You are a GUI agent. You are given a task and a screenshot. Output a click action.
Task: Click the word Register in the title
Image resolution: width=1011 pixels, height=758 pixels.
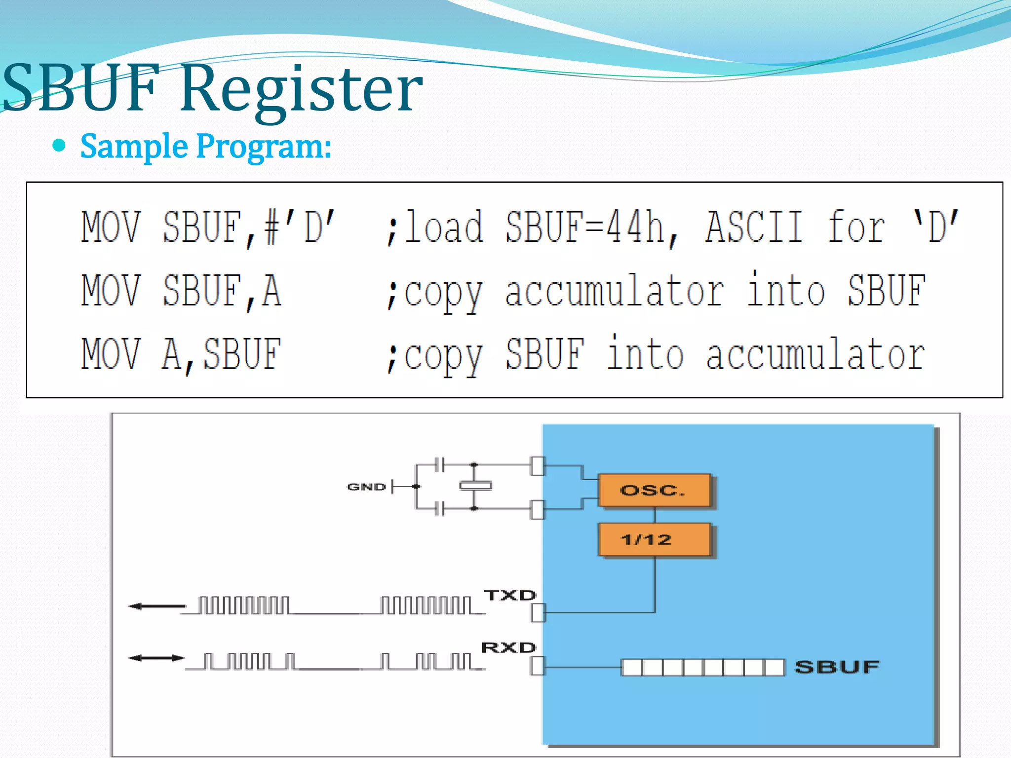[301, 89]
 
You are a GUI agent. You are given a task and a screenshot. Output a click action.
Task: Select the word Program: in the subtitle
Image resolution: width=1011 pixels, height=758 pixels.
[264, 147]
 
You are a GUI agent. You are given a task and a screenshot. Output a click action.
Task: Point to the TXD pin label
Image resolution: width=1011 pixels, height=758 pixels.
[509, 595]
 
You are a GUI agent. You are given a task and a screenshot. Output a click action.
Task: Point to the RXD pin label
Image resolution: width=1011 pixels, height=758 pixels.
[508, 647]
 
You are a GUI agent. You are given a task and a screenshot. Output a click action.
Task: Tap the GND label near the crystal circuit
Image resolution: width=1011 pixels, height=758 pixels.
[366, 487]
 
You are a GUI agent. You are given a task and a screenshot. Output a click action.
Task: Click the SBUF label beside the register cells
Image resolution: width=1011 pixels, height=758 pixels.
[837, 667]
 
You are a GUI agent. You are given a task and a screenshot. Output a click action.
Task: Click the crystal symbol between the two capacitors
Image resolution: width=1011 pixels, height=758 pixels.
[475, 486]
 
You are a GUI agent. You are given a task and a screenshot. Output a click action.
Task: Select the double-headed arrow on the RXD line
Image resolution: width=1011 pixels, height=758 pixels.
[156, 658]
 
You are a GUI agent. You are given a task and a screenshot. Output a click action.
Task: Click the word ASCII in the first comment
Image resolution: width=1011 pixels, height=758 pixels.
[754, 227]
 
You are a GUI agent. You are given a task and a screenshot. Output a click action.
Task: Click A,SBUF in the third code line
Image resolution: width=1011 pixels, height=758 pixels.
[222, 354]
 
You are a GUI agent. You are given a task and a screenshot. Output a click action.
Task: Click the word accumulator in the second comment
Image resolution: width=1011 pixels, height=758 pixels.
[615, 291]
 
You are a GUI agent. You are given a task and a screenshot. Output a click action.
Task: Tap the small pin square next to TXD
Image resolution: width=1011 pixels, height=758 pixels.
[538, 613]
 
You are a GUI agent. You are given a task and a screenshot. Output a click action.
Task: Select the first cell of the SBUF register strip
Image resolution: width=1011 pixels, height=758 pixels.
[632, 668]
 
